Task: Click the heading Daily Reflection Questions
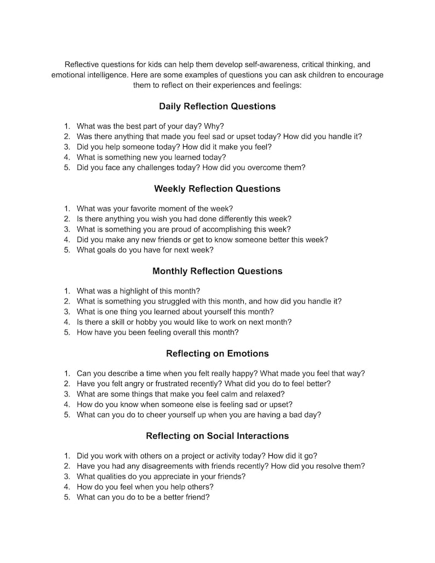217,106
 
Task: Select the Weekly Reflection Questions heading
217,189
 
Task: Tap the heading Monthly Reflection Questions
217,271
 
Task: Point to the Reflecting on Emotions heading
217,354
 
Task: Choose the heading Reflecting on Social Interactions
217,436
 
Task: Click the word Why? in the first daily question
214,126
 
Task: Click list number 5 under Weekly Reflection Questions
67,250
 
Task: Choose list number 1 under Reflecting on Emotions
67,374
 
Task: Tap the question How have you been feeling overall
157,332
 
